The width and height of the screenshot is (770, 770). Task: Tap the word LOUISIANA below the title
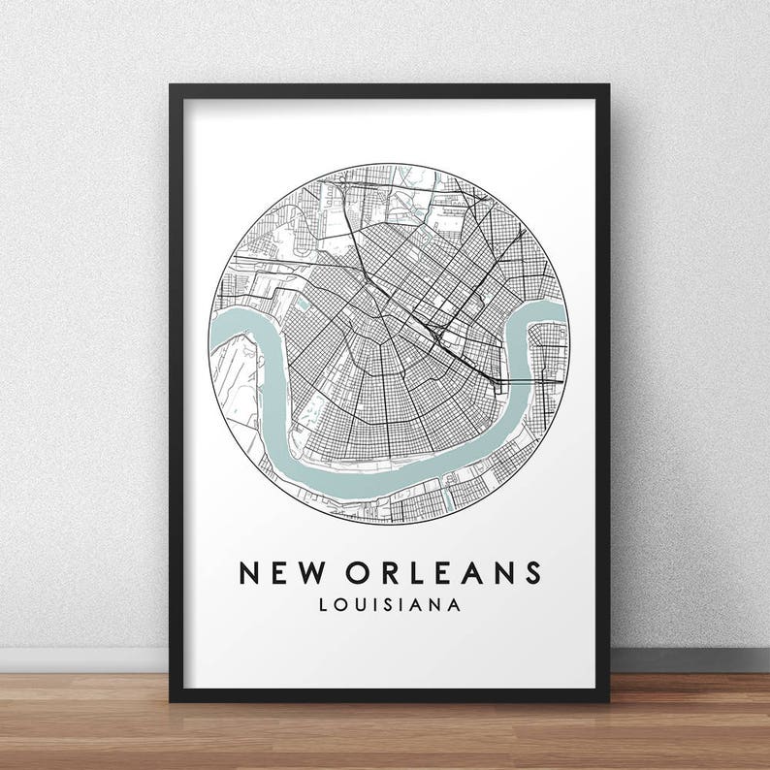click(388, 605)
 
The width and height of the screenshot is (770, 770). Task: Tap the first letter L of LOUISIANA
click(321, 605)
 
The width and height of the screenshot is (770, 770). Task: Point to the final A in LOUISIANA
click(454, 605)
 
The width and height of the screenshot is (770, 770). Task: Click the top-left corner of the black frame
click(172, 86)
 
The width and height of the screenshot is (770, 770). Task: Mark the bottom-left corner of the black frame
click(172, 699)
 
